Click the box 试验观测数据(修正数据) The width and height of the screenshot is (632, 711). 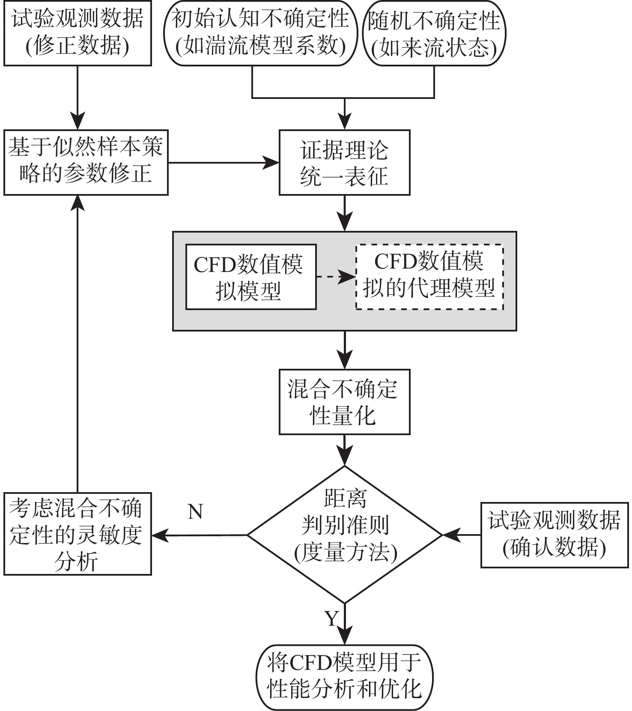(x=78, y=33)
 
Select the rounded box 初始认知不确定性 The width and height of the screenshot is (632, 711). (x=260, y=33)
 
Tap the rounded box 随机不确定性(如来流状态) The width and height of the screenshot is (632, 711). (x=434, y=33)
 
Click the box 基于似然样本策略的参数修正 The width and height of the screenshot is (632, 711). (x=86, y=162)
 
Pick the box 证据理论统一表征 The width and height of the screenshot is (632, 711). (x=344, y=162)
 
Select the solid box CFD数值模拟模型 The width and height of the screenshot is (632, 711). (x=250, y=277)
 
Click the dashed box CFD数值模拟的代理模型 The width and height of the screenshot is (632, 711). (x=429, y=277)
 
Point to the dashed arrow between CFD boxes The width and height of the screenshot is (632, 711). (x=336, y=277)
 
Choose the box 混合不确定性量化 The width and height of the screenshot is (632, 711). (x=344, y=402)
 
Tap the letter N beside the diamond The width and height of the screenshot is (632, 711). (x=195, y=511)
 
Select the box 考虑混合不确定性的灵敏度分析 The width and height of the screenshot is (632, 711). (x=78, y=534)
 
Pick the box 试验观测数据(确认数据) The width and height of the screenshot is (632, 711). (x=554, y=535)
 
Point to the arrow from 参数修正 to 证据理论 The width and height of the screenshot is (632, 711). (x=223, y=162)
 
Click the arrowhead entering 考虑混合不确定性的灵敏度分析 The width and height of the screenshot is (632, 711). (x=159, y=535)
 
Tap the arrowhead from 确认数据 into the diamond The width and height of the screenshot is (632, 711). (x=449, y=535)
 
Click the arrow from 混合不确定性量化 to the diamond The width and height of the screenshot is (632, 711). (x=345, y=450)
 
